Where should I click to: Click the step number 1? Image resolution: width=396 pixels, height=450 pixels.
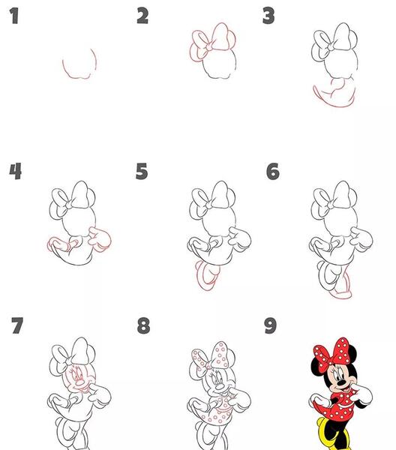13,16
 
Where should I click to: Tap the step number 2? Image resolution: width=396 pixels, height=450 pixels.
142,16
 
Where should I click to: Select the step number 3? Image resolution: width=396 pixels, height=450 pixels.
268,16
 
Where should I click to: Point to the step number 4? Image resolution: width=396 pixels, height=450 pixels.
15,171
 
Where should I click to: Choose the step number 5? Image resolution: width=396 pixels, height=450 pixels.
142,171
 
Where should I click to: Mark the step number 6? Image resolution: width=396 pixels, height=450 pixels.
272,171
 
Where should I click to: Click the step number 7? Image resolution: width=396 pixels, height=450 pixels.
17,325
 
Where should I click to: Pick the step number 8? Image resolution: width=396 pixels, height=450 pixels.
143,325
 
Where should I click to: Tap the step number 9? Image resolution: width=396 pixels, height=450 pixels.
270,325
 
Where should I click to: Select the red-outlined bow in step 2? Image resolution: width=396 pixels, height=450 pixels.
213,41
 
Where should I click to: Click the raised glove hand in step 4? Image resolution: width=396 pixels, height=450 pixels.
100,239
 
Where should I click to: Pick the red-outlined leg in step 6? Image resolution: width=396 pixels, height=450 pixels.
343,284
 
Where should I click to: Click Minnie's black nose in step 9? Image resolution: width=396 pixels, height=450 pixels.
341,382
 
